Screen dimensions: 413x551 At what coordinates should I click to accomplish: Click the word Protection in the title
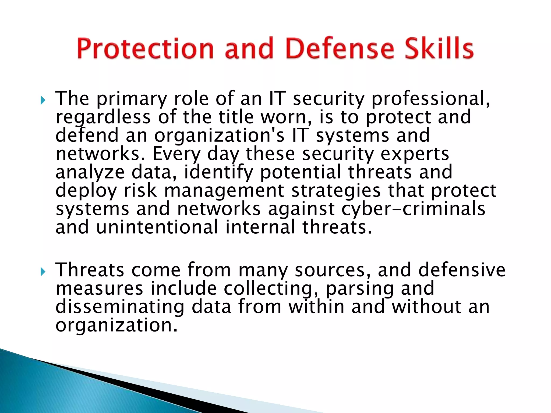[145, 48]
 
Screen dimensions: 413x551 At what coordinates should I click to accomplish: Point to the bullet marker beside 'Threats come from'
[43, 272]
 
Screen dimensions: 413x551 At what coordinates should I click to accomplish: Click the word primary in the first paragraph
[132, 99]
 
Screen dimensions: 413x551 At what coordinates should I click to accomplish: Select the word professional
[430, 99]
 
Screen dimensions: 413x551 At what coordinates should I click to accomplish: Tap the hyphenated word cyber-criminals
[413, 209]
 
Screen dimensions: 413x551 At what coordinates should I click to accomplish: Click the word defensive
[462, 270]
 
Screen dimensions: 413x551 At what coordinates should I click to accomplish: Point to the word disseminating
[120, 307]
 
